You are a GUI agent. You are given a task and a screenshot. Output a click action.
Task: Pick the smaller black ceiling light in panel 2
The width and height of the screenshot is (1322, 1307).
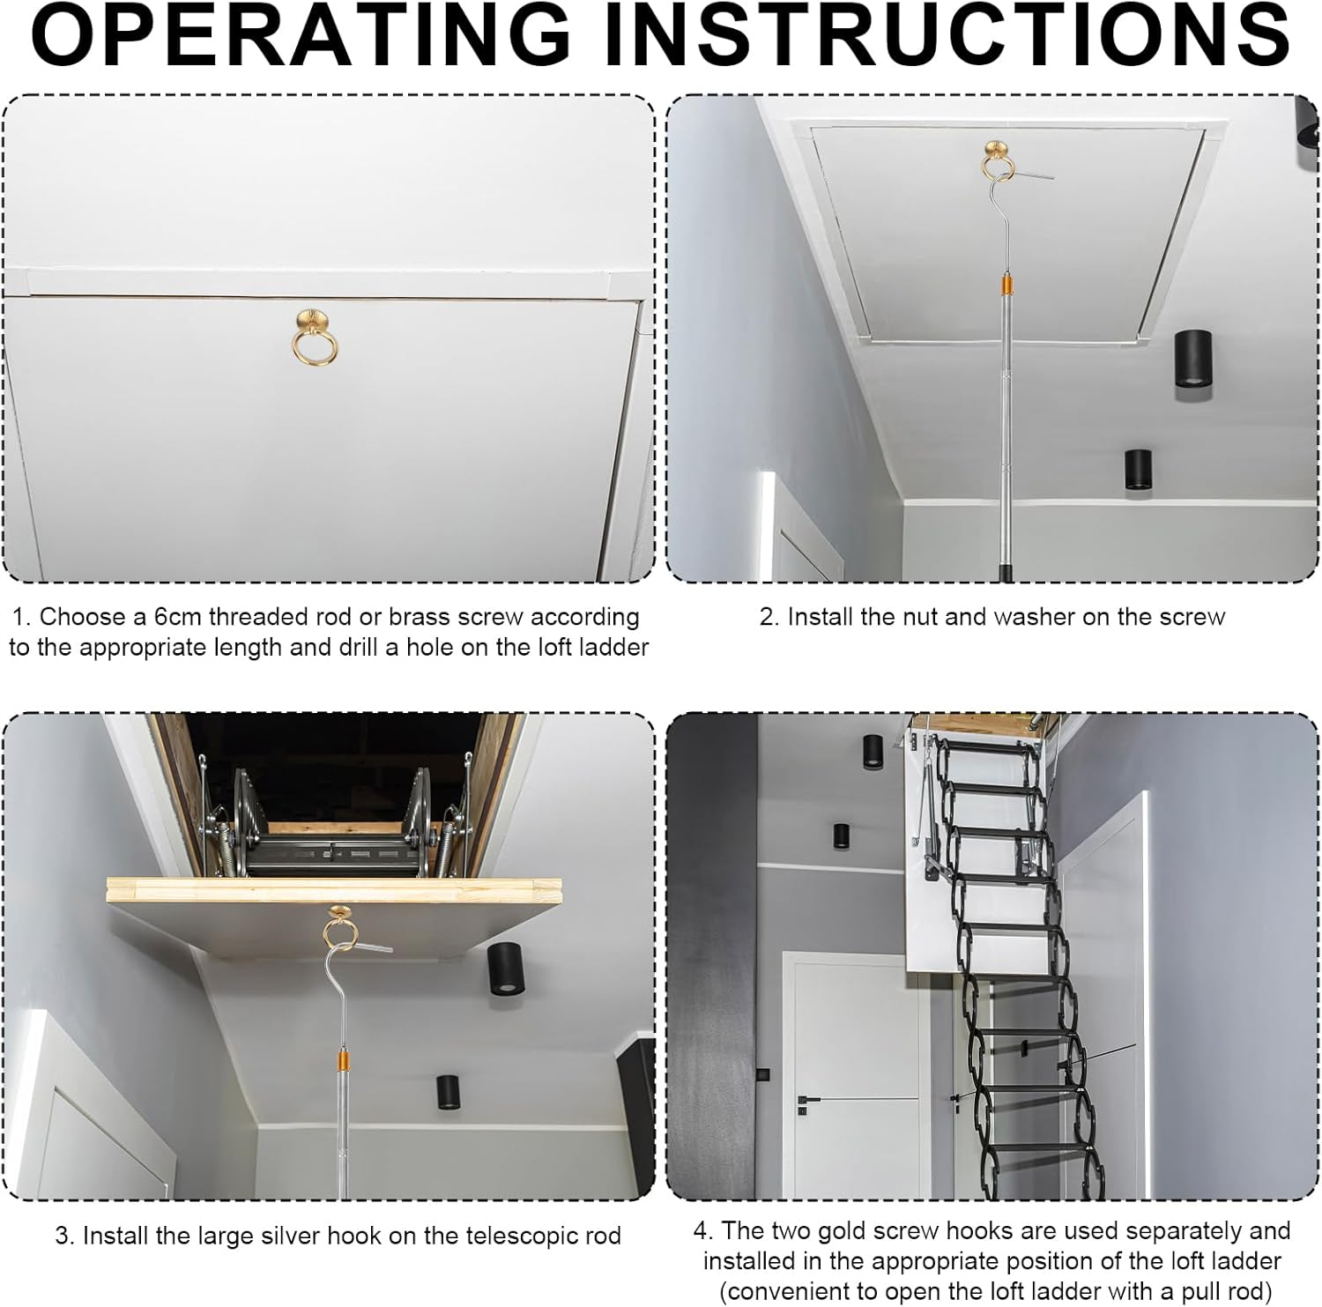pos(1138,470)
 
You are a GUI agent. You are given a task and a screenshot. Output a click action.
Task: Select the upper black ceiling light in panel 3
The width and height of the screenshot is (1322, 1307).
pos(504,966)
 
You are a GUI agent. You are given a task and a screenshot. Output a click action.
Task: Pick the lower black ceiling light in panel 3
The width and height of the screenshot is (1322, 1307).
pos(449,1093)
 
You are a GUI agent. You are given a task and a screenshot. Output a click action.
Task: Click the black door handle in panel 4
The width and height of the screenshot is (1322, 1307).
pos(808,1100)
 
